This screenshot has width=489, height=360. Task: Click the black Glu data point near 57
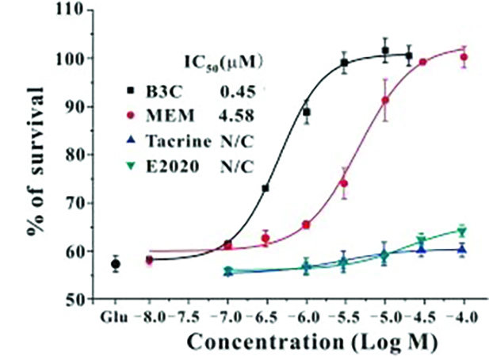point(116,263)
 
